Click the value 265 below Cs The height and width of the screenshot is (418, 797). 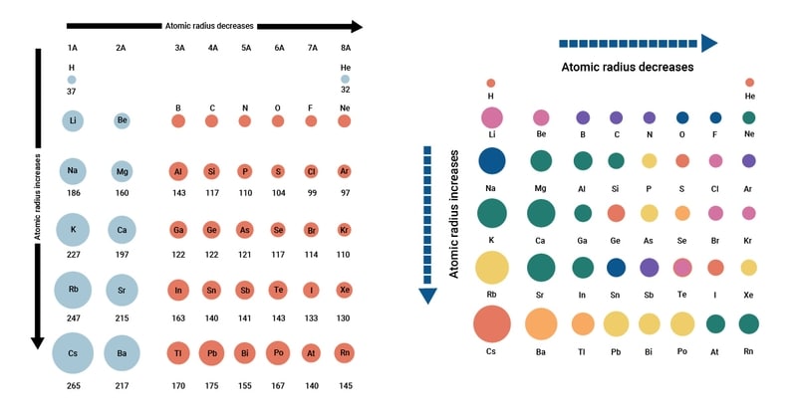pyautogui.click(x=73, y=385)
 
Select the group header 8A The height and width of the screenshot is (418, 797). pyautogui.click(x=344, y=48)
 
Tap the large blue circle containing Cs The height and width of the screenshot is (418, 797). pyautogui.click(x=73, y=353)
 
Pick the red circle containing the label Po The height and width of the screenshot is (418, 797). pyautogui.click(x=278, y=353)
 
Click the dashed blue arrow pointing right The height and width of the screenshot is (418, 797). pyautogui.click(x=638, y=43)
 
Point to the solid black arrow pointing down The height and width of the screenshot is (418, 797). pyautogui.click(x=38, y=199)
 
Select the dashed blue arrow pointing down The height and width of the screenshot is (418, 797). pyautogui.click(x=427, y=224)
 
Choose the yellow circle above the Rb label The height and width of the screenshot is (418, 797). pyautogui.click(x=492, y=268)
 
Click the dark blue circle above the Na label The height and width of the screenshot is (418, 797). pyautogui.click(x=492, y=160)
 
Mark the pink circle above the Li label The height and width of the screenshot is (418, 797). pyautogui.click(x=492, y=116)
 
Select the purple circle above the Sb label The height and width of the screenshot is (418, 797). pyautogui.click(x=650, y=267)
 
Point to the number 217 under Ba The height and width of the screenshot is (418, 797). pyautogui.click(x=121, y=385)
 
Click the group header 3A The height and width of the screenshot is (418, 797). pyautogui.click(x=178, y=48)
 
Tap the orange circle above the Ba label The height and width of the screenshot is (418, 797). pyautogui.click(x=541, y=323)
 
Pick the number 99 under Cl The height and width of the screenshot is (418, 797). pyautogui.click(x=311, y=192)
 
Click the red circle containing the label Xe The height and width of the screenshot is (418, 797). pyautogui.click(x=344, y=290)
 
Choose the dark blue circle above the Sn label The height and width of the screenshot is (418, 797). pyautogui.click(x=616, y=267)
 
